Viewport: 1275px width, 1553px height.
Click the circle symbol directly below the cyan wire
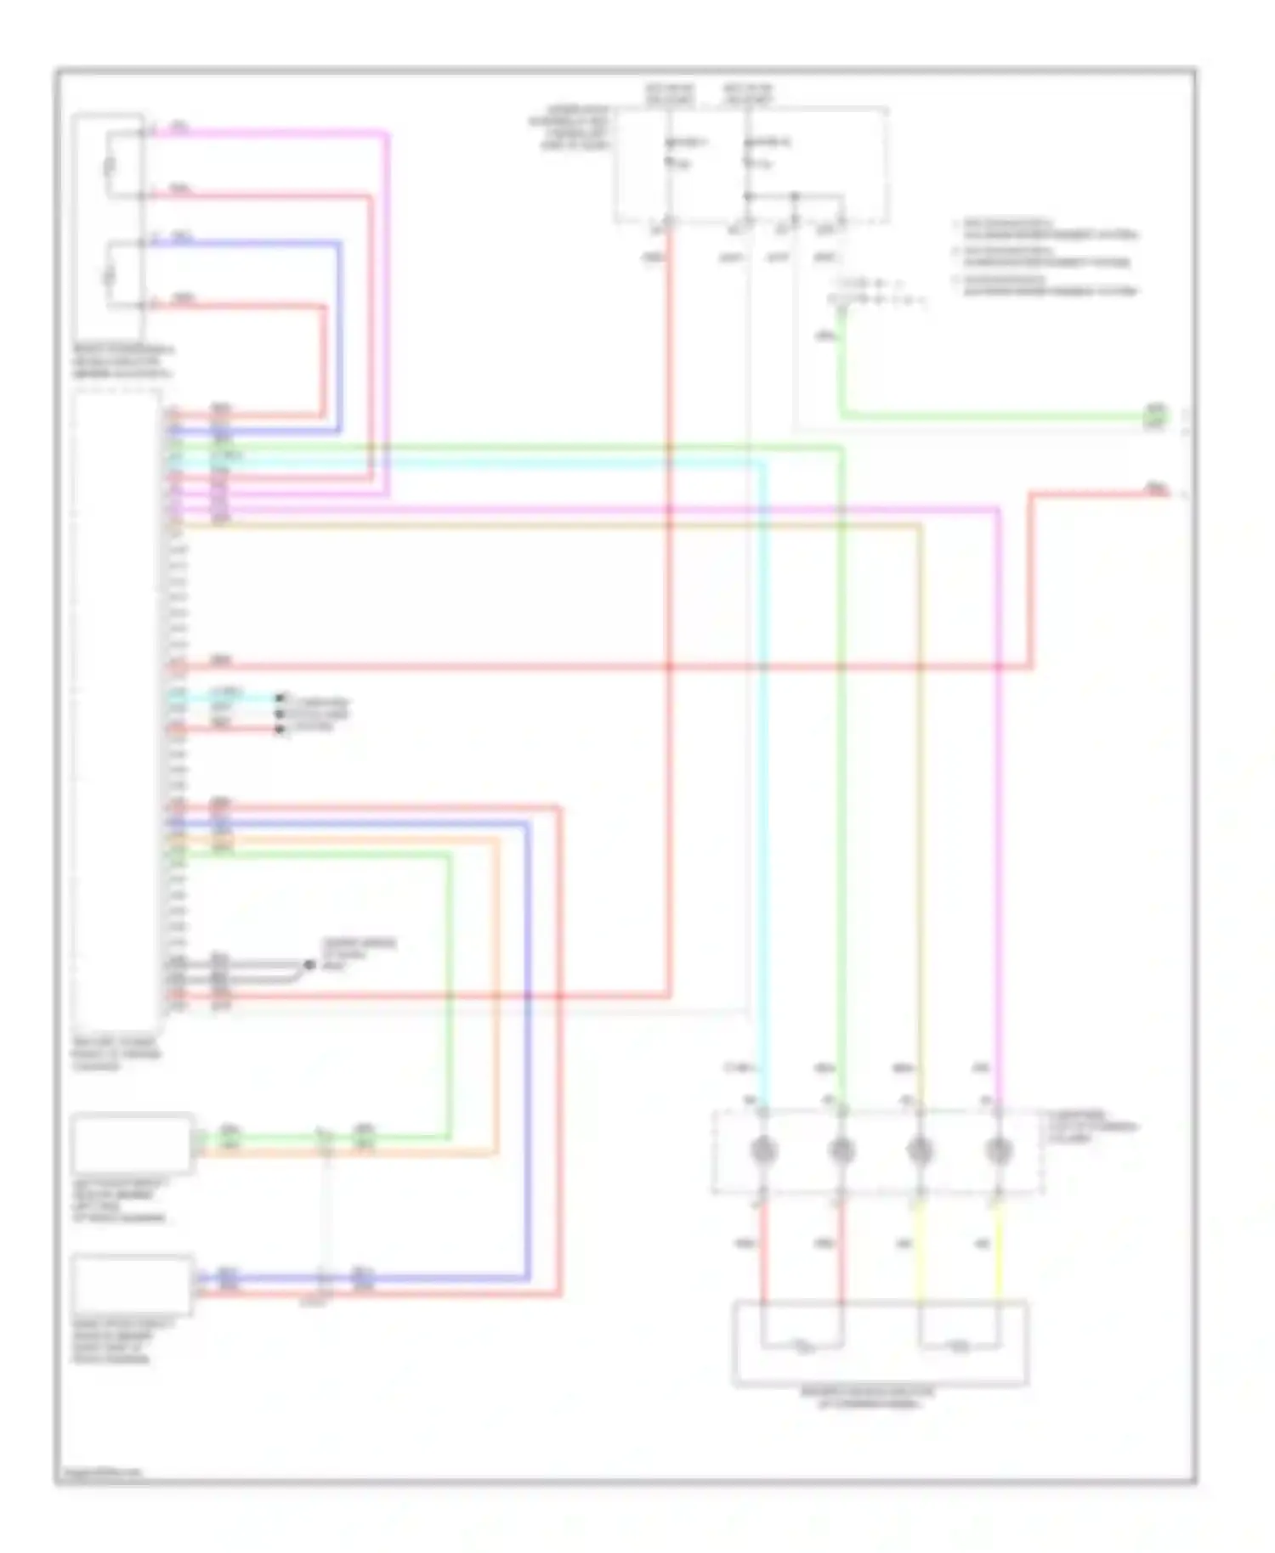click(x=762, y=1150)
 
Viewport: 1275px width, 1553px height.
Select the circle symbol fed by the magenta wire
click(x=998, y=1150)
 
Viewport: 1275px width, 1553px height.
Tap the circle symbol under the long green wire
click(x=841, y=1150)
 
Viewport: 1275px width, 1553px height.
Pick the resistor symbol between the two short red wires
click(x=802, y=1346)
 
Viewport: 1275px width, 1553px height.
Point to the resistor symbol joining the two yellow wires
click(x=959, y=1346)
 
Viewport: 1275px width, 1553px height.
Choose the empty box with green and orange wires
click(x=131, y=1144)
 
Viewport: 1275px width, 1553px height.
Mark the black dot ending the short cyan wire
click(x=279, y=698)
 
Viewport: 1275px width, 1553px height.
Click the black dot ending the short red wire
click(x=279, y=729)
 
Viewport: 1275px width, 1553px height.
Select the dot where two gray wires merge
click(x=309, y=965)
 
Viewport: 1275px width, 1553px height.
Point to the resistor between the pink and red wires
click(x=109, y=164)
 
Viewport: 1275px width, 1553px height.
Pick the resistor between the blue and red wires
click(x=109, y=274)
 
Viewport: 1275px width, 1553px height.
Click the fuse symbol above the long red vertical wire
click(x=670, y=161)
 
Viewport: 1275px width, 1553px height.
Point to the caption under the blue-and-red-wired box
click(x=122, y=1341)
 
